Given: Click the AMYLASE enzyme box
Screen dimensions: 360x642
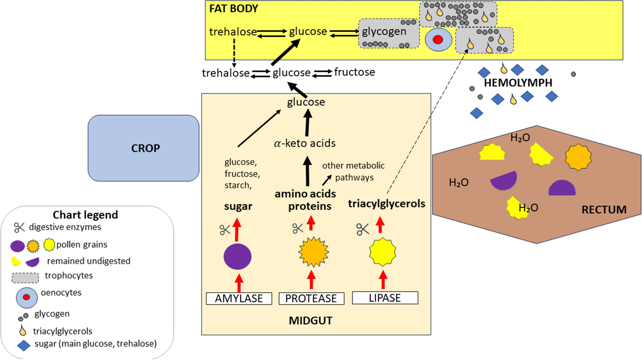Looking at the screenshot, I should (x=239, y=298).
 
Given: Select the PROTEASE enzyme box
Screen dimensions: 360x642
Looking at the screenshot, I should (x=311, y=298).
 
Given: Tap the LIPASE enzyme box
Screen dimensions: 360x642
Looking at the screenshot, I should (x=385, y=298).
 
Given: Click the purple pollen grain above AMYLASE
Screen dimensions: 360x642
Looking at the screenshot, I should (x=237, y=257).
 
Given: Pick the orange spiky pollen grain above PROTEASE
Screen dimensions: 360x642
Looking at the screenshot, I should (x=313, y=251).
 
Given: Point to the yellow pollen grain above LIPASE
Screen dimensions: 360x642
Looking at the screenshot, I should (x=382, y=252).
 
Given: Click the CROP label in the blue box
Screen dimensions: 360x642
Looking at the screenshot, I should (x=145, y=148).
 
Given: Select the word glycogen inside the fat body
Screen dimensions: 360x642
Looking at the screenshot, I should (x=384, y=32).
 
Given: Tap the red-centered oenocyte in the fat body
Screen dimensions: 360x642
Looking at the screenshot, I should (x=438, y=40).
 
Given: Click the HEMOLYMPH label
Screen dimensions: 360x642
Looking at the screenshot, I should (x=518, y=83).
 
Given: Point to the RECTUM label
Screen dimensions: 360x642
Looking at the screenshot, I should (x=604, y=210).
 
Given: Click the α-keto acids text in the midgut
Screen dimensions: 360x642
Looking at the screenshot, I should (x=305, y=143).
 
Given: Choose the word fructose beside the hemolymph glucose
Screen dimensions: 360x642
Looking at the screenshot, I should (x=354, y=72).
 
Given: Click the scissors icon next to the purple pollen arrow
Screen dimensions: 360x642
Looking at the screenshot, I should (x=225, y=230).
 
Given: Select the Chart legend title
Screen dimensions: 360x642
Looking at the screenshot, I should (x=85, y=215).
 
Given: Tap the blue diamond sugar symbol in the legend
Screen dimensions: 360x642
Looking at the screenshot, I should (x=24, y=345).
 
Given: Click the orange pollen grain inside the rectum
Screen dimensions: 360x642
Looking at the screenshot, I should (x=578, y=157).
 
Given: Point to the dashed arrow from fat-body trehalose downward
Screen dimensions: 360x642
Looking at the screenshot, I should (x=234, y=53).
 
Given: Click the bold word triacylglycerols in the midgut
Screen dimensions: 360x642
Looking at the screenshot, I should (x=386, y=204).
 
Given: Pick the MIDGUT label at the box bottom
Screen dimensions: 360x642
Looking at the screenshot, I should (x=310, y=320).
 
